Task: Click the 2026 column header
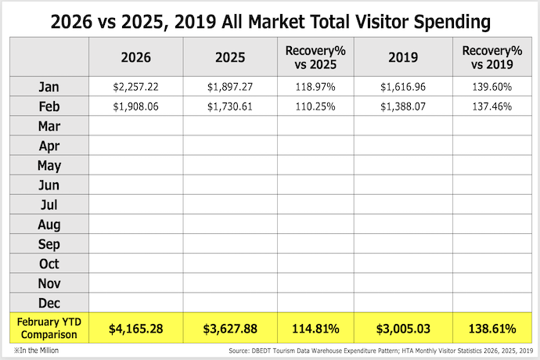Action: (x=136, y=57)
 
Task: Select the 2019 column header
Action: (x=401, y=57)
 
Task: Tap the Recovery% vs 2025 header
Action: (x=315, y=57)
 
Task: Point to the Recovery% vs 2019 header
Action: (x=491, y=57)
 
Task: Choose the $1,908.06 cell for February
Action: (x=136, y=106)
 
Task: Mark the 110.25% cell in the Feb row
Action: (x=315, y=106)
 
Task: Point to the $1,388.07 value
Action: (x=401, y=106)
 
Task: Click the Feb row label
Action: (x=49, y=106)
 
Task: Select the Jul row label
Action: (x=49, y=204)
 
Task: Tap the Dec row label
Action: (x=49, y=303)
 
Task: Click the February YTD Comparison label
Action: (x=49, y=327)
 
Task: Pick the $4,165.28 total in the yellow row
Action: (x=136, y=328)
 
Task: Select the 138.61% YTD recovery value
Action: (x=491, y=328)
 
